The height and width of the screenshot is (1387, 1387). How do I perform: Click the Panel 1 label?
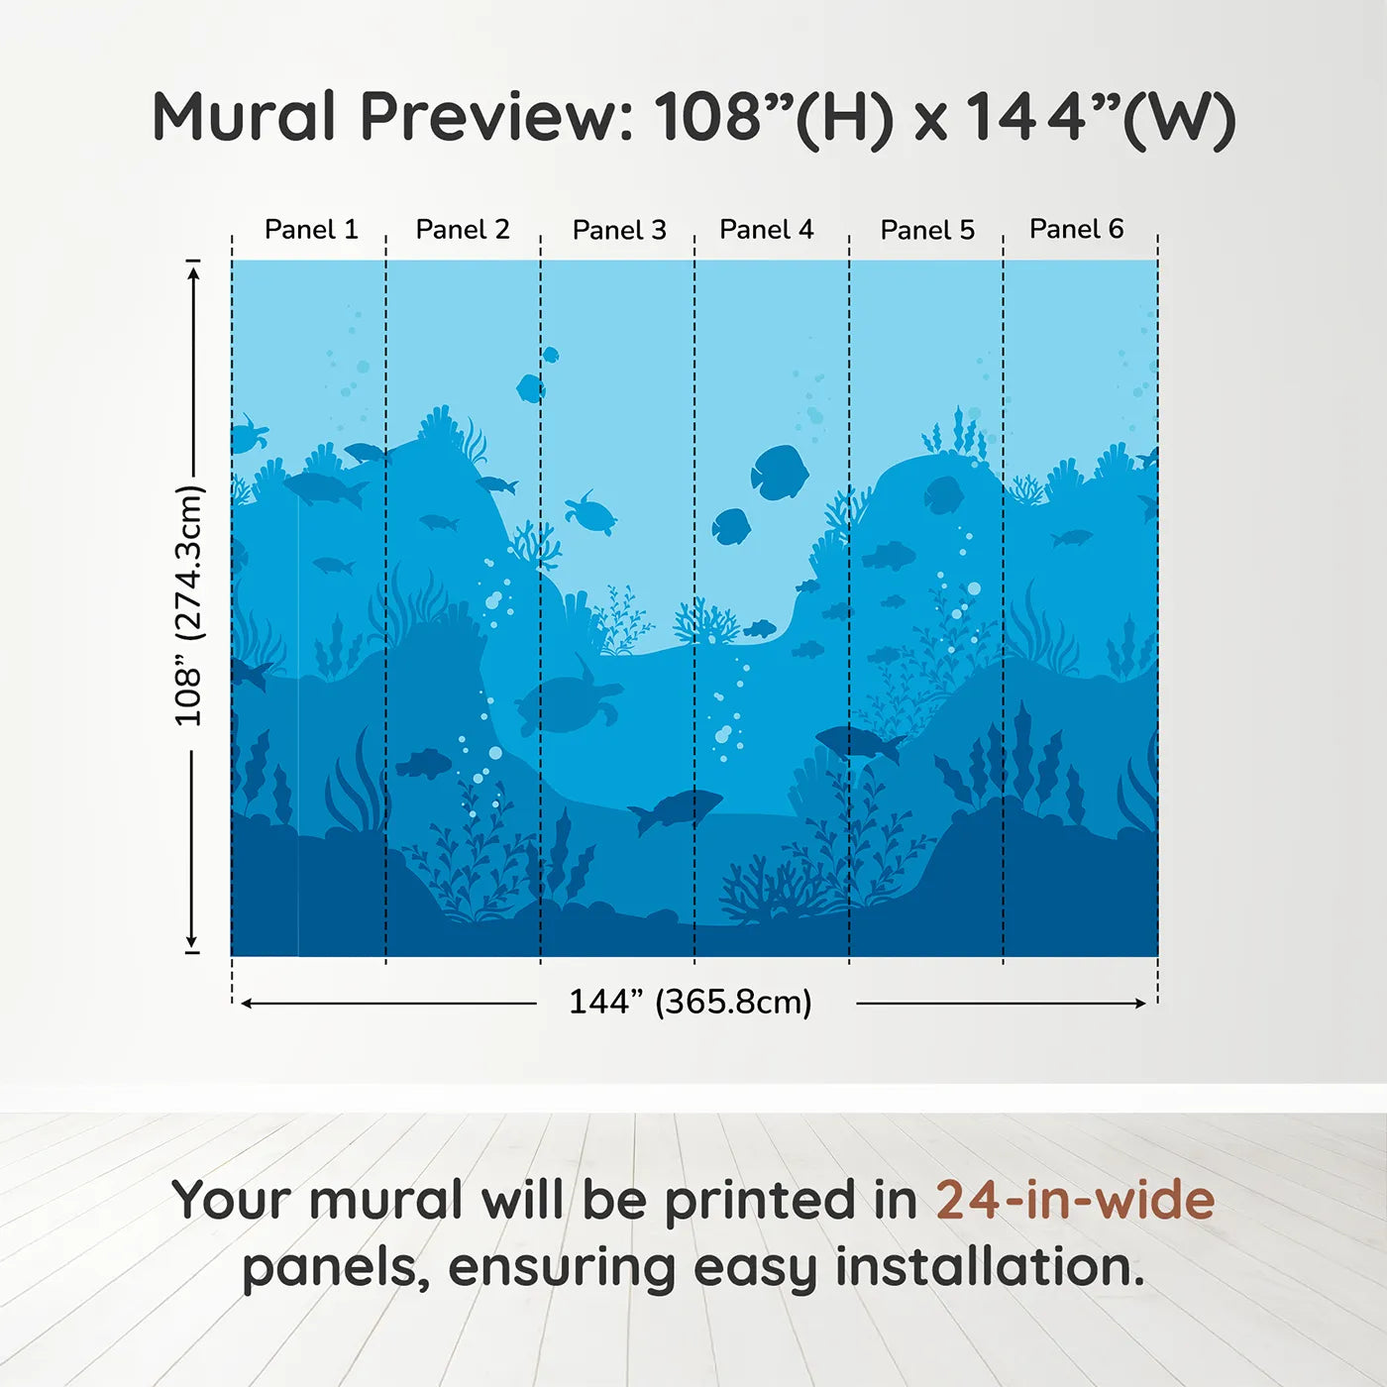tap(311, 230)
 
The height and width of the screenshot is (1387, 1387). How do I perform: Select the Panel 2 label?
tap(463, 230)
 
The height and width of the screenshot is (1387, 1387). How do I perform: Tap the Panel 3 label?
tap(619, 230)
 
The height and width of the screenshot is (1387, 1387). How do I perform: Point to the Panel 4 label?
tap(766, 230)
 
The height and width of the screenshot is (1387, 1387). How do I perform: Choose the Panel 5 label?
tap(927, 230)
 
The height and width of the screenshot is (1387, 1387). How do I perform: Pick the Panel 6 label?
tap(1076, 230)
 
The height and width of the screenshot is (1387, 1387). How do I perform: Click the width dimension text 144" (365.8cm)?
tap(691, 1003)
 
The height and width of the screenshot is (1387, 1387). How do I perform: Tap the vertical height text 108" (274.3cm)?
tap(188, 605)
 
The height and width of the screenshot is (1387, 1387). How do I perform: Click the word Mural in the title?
tap(244, 118)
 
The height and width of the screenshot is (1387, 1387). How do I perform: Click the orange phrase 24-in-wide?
tap(1075, 1201)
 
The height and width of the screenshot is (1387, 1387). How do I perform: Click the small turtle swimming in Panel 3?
tap(591, 513)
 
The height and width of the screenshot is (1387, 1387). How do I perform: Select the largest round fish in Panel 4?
tap(780, 472)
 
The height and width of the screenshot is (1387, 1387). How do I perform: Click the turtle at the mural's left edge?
tap(248, 434)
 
